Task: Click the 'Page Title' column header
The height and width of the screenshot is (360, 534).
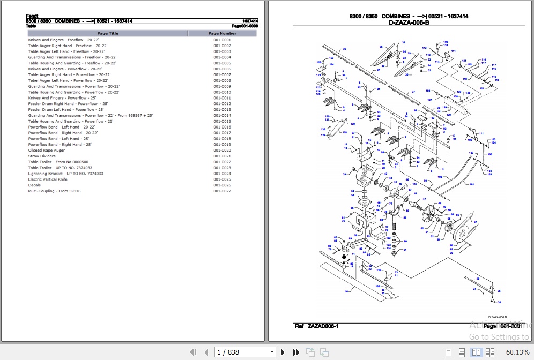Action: [107, 33]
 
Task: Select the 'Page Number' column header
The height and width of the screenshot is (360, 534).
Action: [222, 33]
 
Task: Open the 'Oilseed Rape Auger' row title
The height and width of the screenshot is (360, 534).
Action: [46, 151]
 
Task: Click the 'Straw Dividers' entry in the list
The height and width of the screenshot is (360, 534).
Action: [41, 156]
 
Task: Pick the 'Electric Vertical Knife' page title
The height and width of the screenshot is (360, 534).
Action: [48, 179]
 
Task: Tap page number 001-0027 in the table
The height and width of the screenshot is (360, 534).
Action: [222, 191]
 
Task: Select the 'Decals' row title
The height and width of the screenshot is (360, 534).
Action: [34, 185]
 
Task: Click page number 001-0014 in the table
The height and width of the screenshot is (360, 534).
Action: [222, 116]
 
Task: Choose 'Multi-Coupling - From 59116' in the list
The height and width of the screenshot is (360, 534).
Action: [55, 191]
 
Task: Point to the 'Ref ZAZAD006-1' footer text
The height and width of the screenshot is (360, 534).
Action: [316, 326]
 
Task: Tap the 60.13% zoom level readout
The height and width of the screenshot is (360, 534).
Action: [517, 352]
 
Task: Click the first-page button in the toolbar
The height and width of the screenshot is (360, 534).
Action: [194, 352]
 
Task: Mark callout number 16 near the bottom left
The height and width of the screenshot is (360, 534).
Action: [347, 291]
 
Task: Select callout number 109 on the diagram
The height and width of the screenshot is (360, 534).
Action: [445, 42]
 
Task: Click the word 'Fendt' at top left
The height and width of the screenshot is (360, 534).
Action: [32, 16]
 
